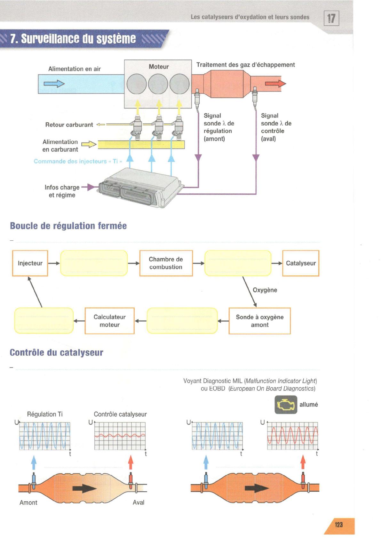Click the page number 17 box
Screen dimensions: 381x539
coord(331,18)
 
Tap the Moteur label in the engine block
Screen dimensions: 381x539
coord(159,67)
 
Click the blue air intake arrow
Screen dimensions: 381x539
coord(54,84)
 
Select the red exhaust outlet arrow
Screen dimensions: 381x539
coord(275,84)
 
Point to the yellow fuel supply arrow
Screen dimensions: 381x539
coord(89,144)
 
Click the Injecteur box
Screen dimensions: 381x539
coord(30,263)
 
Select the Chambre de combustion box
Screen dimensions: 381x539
coord(166,263)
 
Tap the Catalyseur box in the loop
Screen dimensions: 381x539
coord(301,263)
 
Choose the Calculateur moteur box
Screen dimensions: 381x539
coord(110,321)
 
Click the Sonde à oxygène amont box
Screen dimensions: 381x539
coord(260,321)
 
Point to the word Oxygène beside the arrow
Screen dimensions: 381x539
coord(265,290)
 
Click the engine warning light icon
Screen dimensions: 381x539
coord(286,405)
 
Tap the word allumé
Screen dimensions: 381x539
coord(309,405)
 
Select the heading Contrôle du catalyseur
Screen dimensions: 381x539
coord(57,352)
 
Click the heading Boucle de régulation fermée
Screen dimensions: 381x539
coord(68,226)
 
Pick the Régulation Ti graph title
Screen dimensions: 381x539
coord(45,414)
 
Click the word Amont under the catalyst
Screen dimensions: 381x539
coord(28,503)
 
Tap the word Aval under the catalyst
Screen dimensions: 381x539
coord(139,502)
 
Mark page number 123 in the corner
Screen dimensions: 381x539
coord(339,525)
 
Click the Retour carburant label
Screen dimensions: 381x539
coord(69,125)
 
